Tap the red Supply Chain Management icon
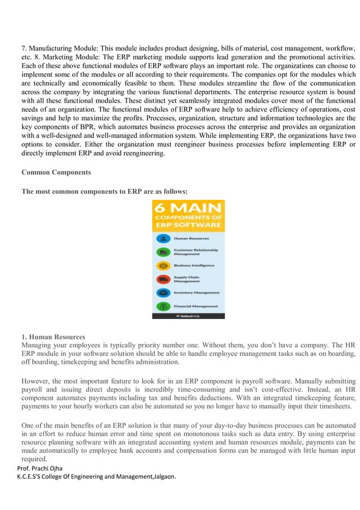click(x=164, y=278)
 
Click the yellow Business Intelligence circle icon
click(x=164, y=265)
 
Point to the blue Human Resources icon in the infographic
click(x=164, y=238)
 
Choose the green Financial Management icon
click(x=164, y=306)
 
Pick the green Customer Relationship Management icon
click(x=164, y=251)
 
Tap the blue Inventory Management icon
click(x=164, y=292)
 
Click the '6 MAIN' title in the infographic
click(x=188, y=210)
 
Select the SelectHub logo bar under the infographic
click(x=188, y=316)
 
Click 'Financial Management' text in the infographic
click(x=195, y=306)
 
